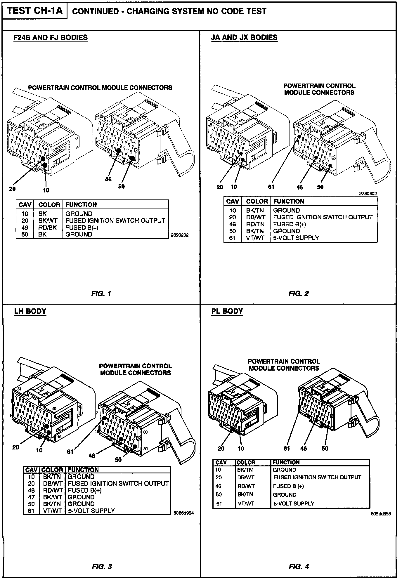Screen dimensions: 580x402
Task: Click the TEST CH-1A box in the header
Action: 34,11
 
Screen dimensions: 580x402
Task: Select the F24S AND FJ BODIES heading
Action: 51,38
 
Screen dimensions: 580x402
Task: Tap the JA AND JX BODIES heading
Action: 244,38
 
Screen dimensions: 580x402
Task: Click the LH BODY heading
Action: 30,311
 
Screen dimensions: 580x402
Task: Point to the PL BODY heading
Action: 227,311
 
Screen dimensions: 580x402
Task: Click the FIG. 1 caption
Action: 101,294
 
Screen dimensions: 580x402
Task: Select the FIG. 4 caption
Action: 299,567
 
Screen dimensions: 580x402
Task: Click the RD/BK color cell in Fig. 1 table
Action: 48,228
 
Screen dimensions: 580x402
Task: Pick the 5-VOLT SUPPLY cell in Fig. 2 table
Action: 296,238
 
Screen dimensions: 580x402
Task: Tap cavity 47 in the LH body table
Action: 31,497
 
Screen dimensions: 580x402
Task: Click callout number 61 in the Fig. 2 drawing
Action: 271,187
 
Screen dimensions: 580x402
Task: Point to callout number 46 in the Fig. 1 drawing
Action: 108,179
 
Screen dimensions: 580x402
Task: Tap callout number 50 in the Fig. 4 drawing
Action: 325,448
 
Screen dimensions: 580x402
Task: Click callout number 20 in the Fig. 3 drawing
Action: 16,447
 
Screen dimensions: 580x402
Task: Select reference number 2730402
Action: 368,194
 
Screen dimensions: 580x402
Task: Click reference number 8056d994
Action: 183,513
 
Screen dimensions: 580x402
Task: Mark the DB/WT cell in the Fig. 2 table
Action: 255,217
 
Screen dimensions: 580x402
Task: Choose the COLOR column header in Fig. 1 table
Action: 49,205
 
